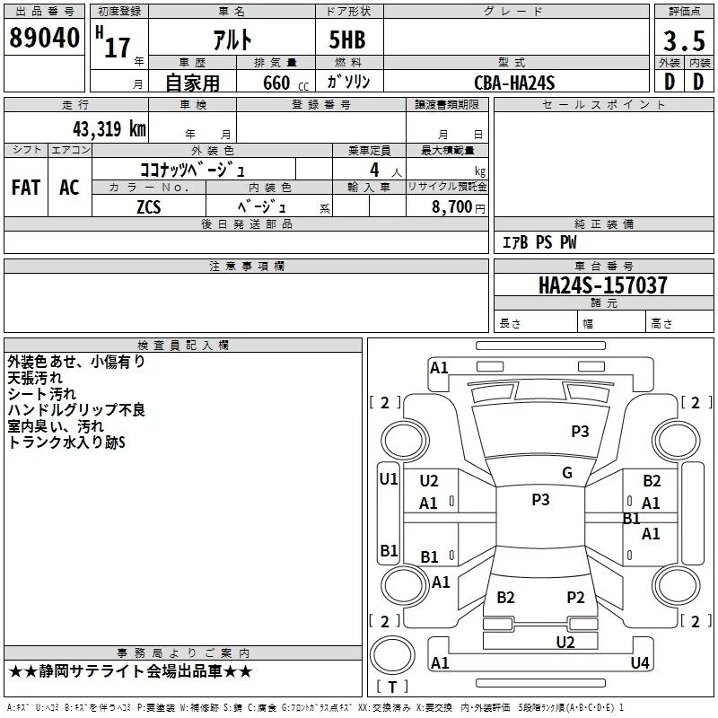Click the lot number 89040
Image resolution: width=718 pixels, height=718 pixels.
coord(43,39)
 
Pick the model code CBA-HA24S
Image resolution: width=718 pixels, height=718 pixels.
coord(515,83)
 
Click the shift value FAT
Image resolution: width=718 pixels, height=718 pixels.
coord(26,188)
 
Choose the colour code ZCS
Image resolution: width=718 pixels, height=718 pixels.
coord(149,206)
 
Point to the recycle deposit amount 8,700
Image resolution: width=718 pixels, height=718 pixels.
coord(451,206)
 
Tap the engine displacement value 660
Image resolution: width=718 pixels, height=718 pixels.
coord(276,83)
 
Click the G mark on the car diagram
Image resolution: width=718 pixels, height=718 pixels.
coord(567,473)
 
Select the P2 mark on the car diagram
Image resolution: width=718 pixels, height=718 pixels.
coord(575,597)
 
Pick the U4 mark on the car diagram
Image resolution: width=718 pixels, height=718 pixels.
coord(639,662)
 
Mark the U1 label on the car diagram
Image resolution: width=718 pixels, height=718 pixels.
coord(388,478)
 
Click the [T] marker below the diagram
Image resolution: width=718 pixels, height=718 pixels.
coord(391,687)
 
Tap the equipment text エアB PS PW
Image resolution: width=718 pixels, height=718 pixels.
coord(538,242)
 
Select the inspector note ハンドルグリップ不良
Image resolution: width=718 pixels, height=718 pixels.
coord(76,410)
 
